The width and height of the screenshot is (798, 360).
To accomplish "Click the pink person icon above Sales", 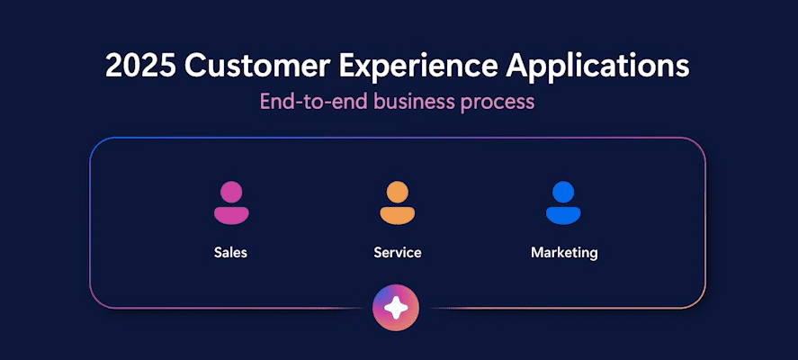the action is [231, 202].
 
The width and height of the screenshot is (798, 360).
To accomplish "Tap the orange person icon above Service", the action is [398, 202].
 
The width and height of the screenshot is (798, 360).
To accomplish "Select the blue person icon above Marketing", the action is [563, 202].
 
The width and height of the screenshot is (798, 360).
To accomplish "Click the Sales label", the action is [230, 252].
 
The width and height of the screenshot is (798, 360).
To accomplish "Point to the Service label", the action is [398, 252].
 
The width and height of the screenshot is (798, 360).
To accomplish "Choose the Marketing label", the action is [564, 253].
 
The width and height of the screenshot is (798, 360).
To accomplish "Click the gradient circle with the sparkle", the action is [396, 308].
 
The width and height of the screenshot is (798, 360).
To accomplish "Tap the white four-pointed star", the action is [396, 308].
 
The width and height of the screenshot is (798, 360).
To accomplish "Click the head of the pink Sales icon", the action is [231, 192].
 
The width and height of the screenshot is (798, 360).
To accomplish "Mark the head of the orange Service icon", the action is [398, 192].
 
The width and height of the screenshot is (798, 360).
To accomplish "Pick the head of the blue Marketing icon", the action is [563, 192].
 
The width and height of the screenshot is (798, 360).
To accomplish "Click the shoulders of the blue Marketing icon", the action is [563, 215].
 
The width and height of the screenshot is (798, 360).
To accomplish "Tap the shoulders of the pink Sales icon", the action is [231, 215].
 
